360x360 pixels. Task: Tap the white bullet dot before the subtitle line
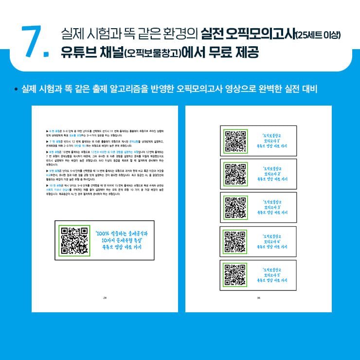(16, 90)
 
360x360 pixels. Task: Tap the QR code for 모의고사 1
(236, 140)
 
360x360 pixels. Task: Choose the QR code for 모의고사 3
(236, 207)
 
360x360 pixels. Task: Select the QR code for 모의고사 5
(236, 275)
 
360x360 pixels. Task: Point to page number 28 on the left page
(105, 298)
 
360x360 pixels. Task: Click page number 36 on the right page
(258, 298)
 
